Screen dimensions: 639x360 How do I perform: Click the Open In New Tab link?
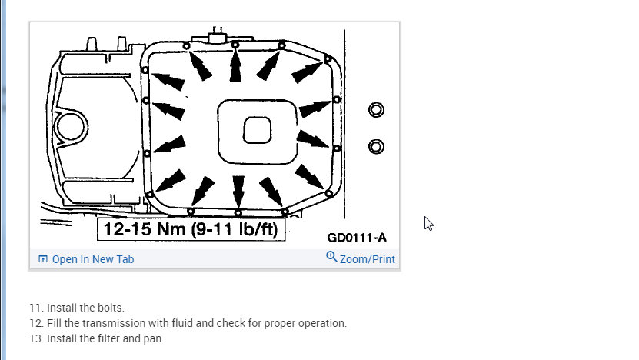[86, 259]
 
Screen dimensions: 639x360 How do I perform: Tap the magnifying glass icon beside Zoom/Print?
[331, 257]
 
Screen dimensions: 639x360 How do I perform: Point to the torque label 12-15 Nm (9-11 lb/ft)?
[191, 229]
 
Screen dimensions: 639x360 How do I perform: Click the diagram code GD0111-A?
[357, 238]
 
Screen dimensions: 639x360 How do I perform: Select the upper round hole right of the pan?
[376, 110]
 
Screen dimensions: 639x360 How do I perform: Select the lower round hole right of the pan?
[376, 146]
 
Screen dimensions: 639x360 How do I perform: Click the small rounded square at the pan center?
[257, 130]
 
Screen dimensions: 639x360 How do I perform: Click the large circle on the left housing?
[71, 126]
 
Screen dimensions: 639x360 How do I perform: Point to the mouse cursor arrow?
[428, 223]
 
